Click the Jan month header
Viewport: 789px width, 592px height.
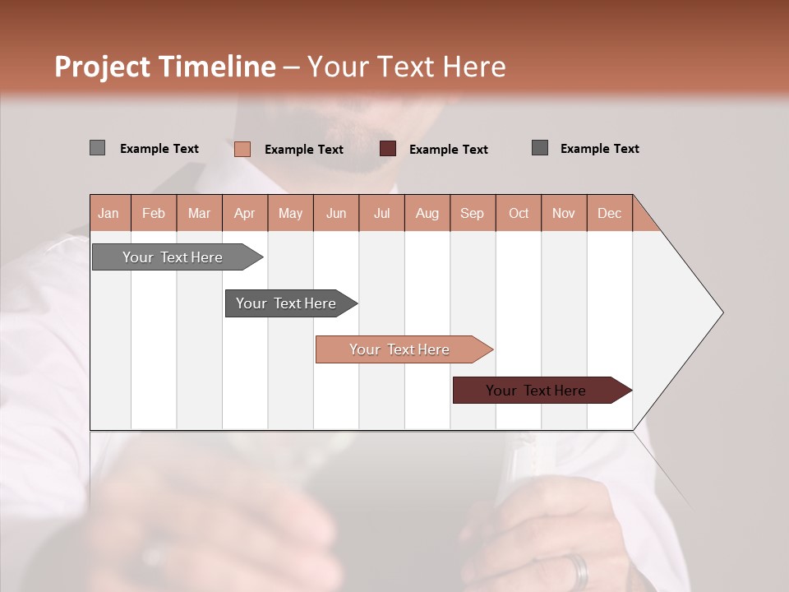click(109, 213)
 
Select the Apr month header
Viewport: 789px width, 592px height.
click(245, 213)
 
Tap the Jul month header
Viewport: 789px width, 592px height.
click(381, 213)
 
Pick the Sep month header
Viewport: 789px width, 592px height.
click(472, 213)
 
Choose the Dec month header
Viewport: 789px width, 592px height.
click(609, 213)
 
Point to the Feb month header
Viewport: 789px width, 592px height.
click(154, 213)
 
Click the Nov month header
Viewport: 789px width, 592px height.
click(563, 213)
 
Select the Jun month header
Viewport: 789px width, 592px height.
click(336, 213)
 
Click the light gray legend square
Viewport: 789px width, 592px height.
click(97, 148)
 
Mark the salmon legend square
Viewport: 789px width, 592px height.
click(242, 149)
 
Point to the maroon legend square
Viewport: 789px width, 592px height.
click(388, 149)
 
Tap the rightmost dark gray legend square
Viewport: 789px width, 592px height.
click(539, 148)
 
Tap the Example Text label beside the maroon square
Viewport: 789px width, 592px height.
click(448, 150)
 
